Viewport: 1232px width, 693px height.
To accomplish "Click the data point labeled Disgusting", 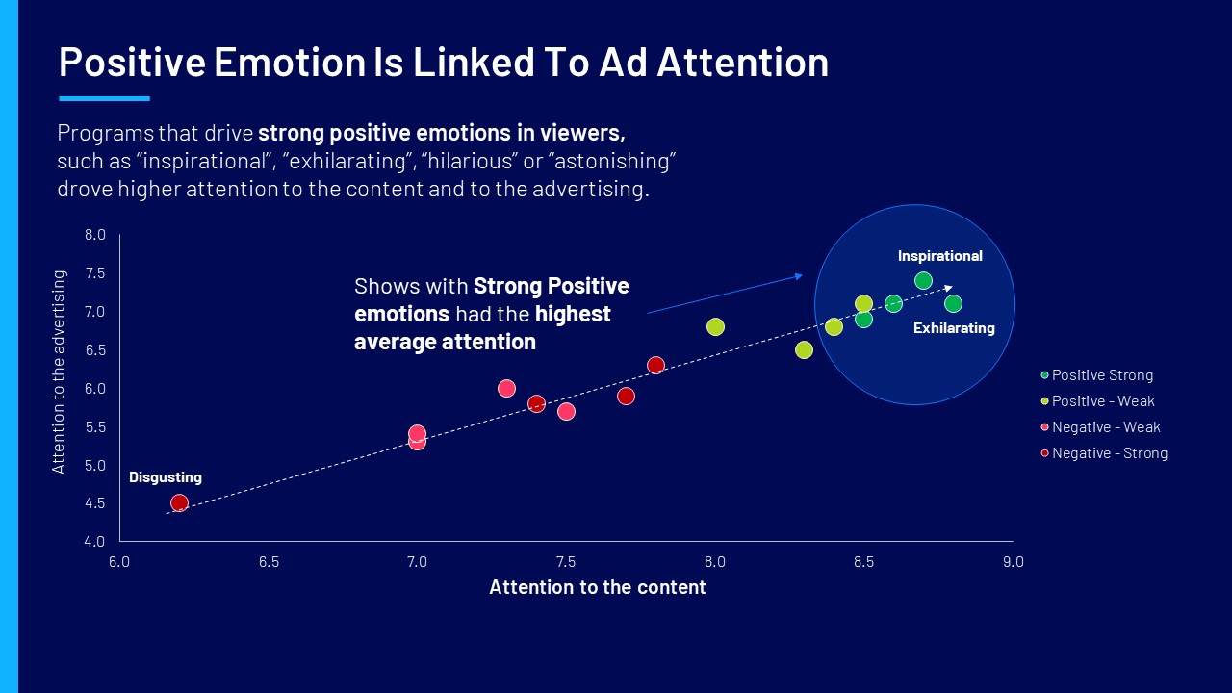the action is pyautogui.click(x=179, y=502).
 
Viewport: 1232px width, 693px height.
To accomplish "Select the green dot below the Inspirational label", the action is pyautogui.click(x=923, y=280).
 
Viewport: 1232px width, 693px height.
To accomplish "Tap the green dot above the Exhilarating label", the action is pyautogui.click(x=953, y=303).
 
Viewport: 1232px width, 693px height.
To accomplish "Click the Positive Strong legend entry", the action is pyautogui.click(x=1097, y=375).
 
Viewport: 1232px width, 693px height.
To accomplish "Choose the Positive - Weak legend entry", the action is pyautogui.click(x=1098, y=401).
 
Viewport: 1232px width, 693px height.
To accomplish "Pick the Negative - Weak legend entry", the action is pyautogui.click(x=1100, y=426).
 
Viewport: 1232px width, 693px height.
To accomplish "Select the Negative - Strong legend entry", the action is pyautogui.click(x=1104, y=453).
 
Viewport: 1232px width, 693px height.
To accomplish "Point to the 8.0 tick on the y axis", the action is pyautogui.click(x=94, y=235).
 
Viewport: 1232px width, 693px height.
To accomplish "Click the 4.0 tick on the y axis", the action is pyautogui.click(x=94, y=542).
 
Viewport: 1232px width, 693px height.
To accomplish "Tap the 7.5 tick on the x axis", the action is pyautogui.click(x=566, y=562).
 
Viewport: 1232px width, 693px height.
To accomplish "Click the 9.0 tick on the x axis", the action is pyautogui.click(x=1014, y=562).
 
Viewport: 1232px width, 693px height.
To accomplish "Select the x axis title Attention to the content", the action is pyautogui.click(x=598, y=587).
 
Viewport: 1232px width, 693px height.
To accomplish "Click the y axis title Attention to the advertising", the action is pyautogui.click(x=59, y=372).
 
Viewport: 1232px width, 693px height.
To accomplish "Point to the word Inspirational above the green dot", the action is pyautogui.click(x=940, y=256).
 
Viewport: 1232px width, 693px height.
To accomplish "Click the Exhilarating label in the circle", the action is pyautogui.click(x=954, y=328).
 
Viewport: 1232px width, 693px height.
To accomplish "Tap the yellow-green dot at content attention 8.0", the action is pyautogui.click(x=715, y=326).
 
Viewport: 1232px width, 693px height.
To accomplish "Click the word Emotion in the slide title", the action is pyautogui.click(x=290, y=62).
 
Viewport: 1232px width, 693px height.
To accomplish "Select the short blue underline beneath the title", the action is pyautogui.click(x=105, y=99).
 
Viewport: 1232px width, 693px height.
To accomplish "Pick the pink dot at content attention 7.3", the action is pyautogui.click(x=506, y=388).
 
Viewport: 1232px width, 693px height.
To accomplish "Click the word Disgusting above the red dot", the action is pyautogui.click(x=166, y=477).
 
